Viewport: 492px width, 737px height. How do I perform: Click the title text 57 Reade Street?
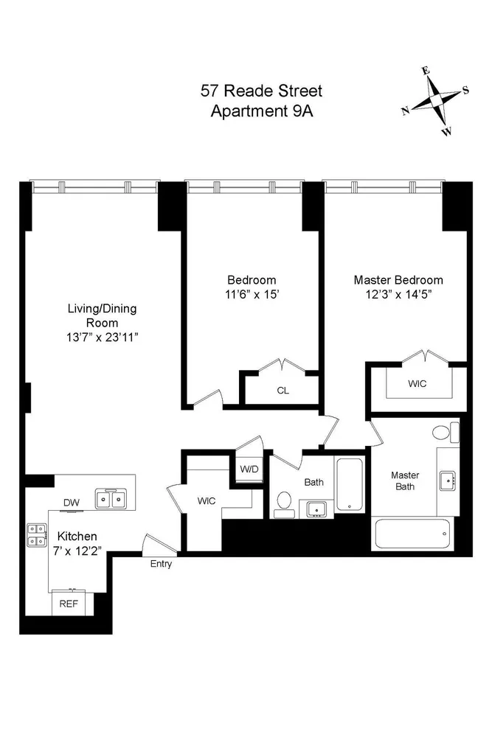(261, 91)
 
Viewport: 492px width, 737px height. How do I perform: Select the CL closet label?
(283, 391)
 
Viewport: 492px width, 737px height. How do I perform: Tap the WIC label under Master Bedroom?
(417, 384)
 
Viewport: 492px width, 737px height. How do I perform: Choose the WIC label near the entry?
(207, 501)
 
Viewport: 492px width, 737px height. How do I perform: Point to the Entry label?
(161, 564)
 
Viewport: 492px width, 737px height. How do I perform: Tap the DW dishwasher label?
(71, 503)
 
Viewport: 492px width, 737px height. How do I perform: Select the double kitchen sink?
(113, 500)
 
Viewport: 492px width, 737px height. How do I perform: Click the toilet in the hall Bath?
(283, 502)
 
